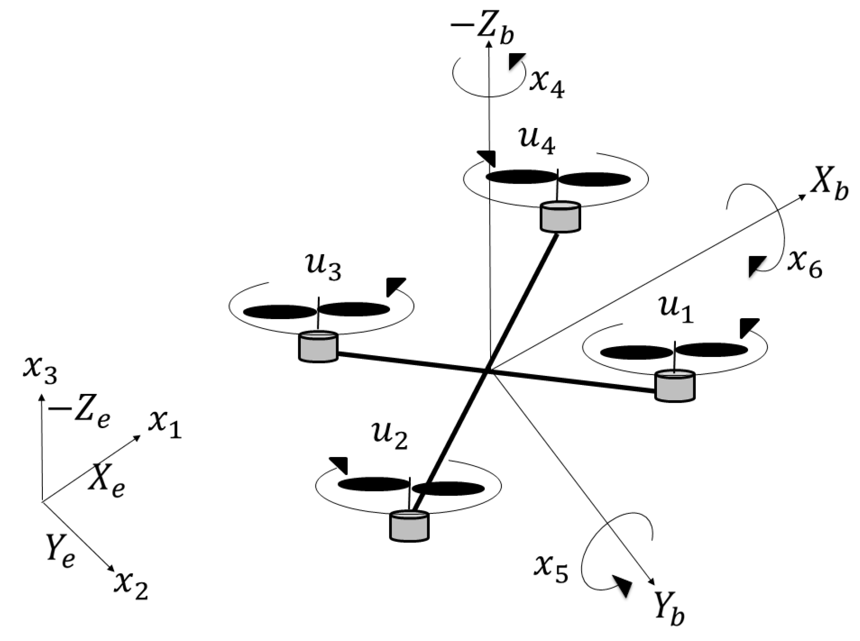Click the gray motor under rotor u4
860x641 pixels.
click(x=560, y=216)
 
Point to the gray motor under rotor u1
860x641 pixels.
click(x=675, y=386)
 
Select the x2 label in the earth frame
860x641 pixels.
click(x=131, y=585)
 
